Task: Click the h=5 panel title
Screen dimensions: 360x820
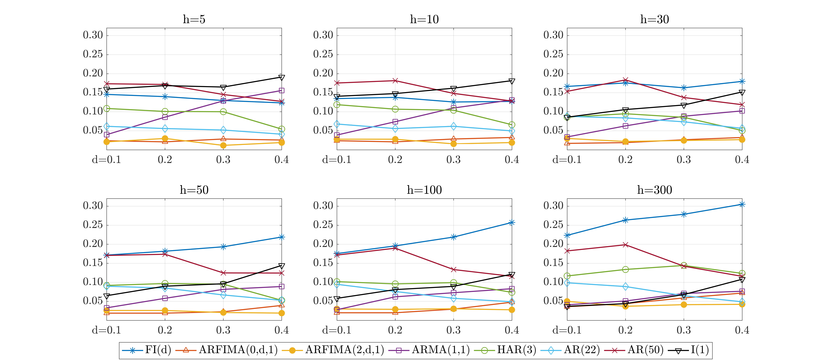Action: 194,19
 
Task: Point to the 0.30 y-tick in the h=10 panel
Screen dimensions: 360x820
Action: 323,35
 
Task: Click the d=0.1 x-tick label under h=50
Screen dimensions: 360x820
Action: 106,330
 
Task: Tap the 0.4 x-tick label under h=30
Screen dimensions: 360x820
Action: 742,160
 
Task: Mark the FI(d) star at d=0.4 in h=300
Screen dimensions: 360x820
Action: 742,204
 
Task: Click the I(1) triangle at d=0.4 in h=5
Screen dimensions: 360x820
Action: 281,77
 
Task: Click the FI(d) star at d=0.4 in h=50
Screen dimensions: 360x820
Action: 281,237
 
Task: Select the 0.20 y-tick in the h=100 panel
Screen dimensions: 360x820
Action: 323,244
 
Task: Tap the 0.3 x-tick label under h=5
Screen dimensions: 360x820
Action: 223,160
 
